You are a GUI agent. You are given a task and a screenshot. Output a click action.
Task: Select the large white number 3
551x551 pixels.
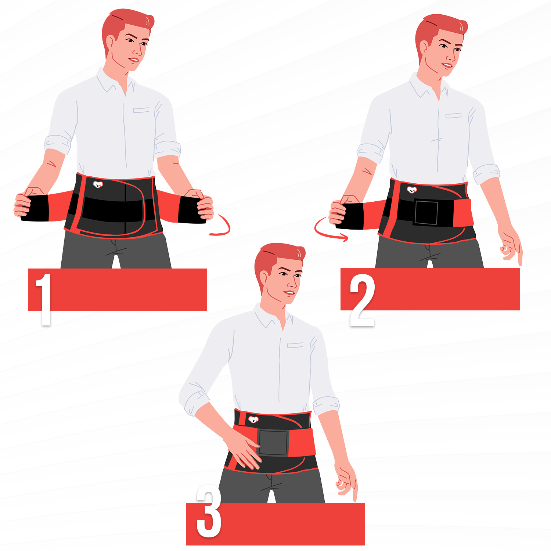(x=209, y=511)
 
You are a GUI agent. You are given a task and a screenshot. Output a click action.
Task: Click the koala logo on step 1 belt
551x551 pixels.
(x=97, y=184)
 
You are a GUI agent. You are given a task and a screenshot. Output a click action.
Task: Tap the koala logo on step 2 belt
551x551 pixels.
(x=412, y=190)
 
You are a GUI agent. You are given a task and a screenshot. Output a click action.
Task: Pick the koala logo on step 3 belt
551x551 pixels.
(x=253, y=419)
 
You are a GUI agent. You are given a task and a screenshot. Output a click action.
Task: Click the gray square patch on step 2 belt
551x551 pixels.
(x=426, y=212)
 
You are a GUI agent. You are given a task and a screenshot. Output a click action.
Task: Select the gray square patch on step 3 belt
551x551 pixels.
(x=273, y=443)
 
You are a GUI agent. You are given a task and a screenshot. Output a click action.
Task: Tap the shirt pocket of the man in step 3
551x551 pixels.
(x=295, y=345)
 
